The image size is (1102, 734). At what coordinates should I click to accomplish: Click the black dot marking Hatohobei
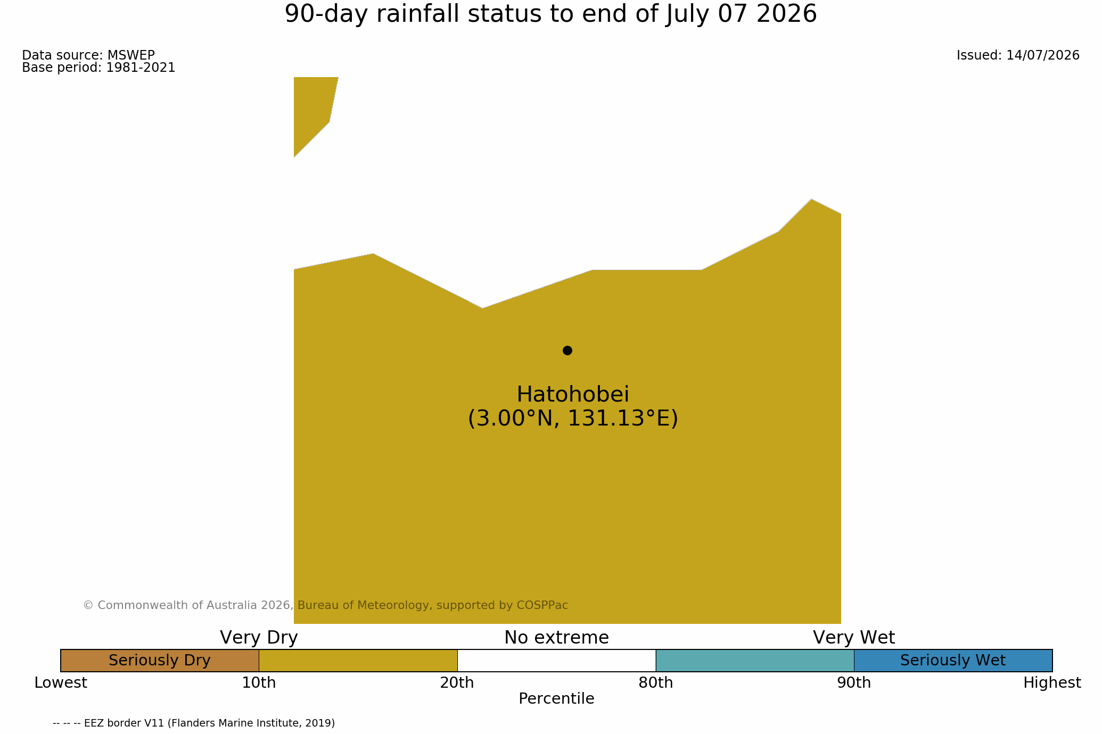tap(568, 351)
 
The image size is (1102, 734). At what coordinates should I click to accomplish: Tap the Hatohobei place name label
tap(573, 395)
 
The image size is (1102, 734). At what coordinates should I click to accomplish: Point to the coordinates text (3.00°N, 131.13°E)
tap(573, 419)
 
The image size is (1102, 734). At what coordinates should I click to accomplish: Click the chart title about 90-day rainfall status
tap(550, 14)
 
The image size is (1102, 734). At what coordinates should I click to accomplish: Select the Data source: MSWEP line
tap(88, 55)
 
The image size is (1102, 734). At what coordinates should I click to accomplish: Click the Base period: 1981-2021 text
tap(98, 68)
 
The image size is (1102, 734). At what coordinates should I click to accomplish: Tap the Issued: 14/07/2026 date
tap(1018, 55)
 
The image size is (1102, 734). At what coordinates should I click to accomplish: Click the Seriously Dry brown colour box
tap(160, 661)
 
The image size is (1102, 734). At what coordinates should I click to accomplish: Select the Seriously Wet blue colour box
tap(953, 661)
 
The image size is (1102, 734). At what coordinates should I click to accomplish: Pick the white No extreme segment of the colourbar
tap(556, 661)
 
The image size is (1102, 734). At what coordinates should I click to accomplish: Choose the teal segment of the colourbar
tap(755, 661)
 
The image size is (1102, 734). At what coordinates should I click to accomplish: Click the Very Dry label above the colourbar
tap(259, 638)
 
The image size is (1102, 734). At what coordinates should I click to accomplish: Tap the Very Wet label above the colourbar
tap(854, 638)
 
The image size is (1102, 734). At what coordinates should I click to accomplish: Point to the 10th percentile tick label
tap(259, 683)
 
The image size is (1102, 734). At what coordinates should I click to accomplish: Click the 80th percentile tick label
tap(656, 683)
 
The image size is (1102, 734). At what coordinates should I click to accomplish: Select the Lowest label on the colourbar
tap(61, 683)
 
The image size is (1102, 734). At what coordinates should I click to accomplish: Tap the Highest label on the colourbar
tap(1052, 683)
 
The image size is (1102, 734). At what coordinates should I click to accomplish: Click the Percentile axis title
tap(556, 699)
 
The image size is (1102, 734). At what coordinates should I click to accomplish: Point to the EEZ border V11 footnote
tap(194, 723)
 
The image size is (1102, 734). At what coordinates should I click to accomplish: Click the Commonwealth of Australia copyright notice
tap(325, 605)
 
